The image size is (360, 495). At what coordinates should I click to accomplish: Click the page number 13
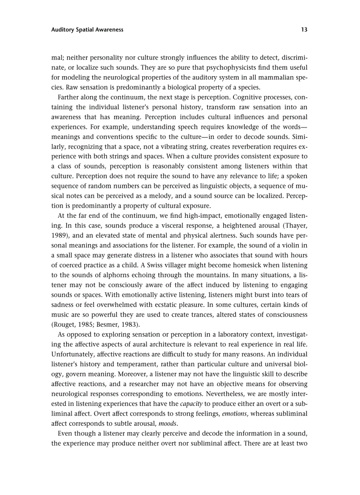point(304,30)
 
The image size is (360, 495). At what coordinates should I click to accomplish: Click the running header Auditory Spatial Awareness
point(87,30)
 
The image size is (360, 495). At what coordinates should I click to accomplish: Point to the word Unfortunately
point(74,354)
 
